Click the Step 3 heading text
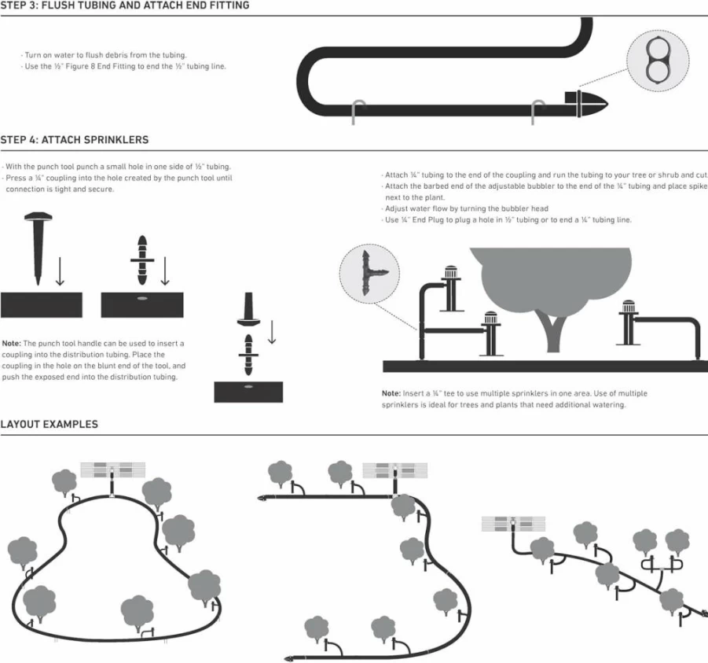pos(125,6)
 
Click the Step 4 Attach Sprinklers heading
pos(75,140)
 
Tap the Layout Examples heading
pos(50,424)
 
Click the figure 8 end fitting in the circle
pos(657,61)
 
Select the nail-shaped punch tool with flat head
pos(38,249)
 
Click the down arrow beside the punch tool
pos(60,271)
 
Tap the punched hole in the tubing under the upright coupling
pos(142,299)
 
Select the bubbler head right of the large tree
pos(628,308)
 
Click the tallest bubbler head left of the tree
pos(452,273)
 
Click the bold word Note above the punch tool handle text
pos(12,344)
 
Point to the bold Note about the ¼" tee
pos(391,393)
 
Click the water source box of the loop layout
pos(113,470)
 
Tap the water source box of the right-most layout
pos(513,524)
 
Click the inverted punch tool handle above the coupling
pos(248,310)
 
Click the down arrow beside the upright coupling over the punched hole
pos(165,271)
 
